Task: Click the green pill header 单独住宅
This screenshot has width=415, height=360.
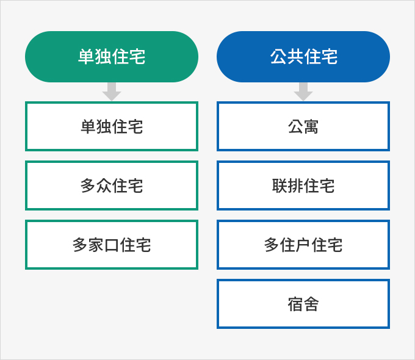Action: (112, 57)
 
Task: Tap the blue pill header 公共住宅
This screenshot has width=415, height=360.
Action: (303, 57)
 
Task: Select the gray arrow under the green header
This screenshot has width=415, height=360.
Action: (112, 92)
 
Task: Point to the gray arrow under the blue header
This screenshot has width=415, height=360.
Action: (303, 92)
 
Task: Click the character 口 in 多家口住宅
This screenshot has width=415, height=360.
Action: (112, 245)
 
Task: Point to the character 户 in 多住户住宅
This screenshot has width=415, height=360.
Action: (303, 245)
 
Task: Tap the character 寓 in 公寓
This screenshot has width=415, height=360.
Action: (311, 126)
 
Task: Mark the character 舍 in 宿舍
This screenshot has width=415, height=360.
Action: (311, 304)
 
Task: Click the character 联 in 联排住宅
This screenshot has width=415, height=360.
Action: (280, 185)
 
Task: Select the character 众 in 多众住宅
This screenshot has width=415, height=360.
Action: (104, 185)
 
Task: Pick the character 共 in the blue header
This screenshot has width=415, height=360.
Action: (295, 57)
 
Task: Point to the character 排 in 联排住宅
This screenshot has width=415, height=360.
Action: (295, 185)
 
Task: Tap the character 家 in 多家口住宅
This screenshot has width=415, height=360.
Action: (96, 245)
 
